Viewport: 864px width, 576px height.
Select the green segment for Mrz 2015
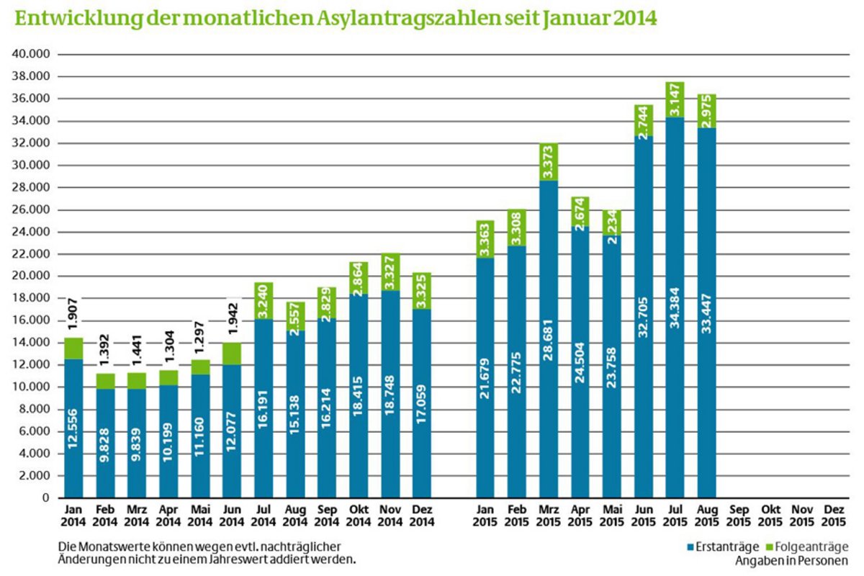(x=549, y=162)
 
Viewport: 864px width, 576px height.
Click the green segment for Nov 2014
(x=390, y=272)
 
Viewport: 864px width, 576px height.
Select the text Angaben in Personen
(x=791, y=560)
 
